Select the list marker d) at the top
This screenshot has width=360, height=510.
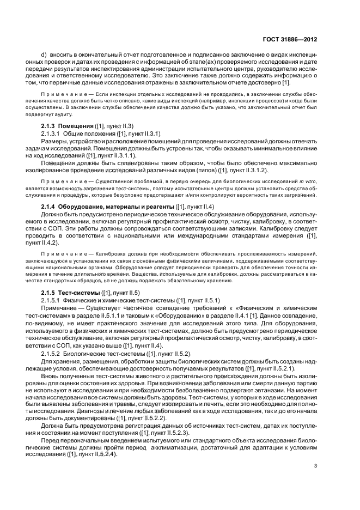pyautogui.click(x=44, y=55)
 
